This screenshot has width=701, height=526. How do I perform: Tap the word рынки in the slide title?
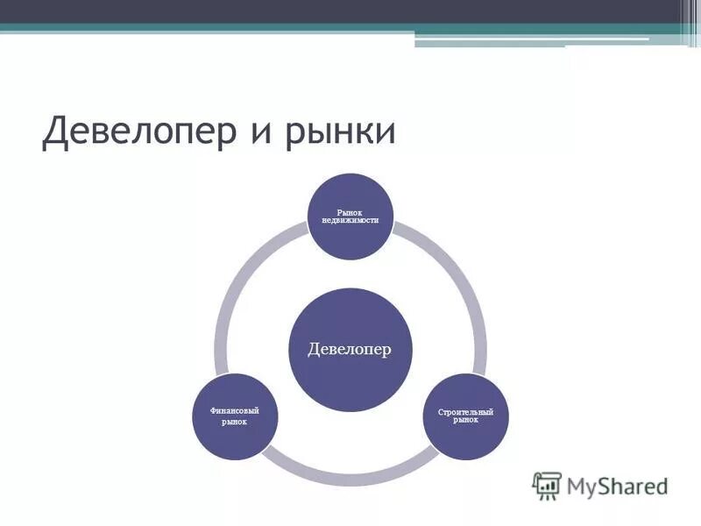342,133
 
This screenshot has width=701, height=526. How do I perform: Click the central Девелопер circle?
350,350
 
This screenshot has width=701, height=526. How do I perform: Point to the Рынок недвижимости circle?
350,217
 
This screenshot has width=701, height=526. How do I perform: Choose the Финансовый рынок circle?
235,417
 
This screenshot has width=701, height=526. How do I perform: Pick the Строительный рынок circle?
465,417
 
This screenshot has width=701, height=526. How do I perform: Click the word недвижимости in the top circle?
350,219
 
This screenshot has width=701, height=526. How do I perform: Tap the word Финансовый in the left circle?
235,411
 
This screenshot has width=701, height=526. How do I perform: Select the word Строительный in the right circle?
465,411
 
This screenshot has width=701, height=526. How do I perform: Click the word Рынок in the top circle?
350,210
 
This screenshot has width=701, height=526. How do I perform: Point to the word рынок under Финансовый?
235,423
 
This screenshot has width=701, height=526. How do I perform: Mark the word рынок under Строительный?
465,420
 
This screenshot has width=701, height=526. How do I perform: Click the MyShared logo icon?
547,485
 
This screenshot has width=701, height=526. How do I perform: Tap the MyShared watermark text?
617,485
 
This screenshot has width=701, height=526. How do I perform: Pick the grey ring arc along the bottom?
350,478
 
